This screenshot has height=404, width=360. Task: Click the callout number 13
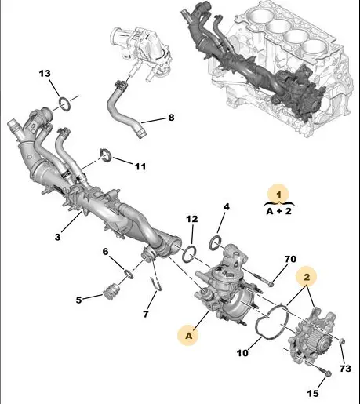coord(45,74)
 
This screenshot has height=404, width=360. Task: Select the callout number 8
coord(171,118)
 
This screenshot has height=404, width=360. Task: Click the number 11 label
coord(140,166)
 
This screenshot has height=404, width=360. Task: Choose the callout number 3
coord(57,237)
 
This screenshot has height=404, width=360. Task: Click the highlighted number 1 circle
coord(279,195)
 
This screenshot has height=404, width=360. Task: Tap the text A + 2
coord(278,211)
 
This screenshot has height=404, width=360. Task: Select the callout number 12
coord(192,219)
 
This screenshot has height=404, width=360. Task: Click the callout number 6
coord(105,252)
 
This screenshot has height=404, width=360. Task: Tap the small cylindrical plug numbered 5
coord(111,290)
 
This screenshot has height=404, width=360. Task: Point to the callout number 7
coord(146,314)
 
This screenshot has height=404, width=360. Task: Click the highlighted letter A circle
coord(188,335)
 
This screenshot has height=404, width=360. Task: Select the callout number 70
coord(290,259)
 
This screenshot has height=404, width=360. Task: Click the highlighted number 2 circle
coord(306,277)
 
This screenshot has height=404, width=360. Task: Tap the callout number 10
coord(242,353)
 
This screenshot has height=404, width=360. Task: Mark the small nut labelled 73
coord(342,341)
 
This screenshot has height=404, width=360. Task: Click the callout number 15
coord(312,393)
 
